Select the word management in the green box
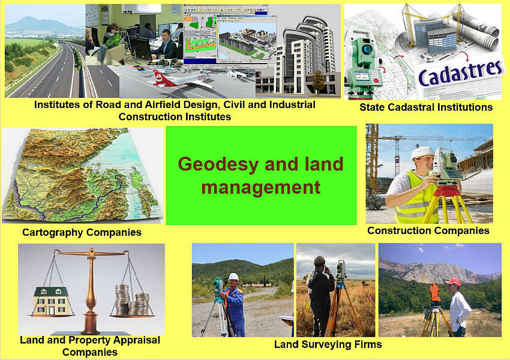(261, 188)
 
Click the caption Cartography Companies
(82, 232)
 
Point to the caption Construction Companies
(428, 230)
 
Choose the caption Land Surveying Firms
(328, 344)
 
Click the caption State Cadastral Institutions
(426, 107)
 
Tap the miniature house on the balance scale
(52, 301)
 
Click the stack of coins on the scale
(132, 300)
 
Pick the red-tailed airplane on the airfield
(182, 80)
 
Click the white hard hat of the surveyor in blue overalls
(233, 277)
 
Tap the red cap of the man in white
(453, 281)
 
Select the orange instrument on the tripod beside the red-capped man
(434, 292)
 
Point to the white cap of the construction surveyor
(422, 152)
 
